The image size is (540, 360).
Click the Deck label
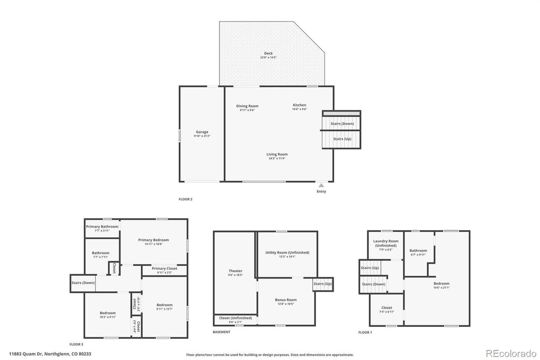268,53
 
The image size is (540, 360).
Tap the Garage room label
202,132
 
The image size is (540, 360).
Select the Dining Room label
247,106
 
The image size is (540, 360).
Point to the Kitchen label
299,105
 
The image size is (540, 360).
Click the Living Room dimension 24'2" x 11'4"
277,159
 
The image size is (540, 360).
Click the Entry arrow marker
321,184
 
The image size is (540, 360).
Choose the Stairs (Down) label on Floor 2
342,123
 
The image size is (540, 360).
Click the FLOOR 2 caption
185,199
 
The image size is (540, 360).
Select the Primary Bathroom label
102,227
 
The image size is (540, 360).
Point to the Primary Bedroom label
153,240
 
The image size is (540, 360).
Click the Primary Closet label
164,268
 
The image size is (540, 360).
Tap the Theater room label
235,271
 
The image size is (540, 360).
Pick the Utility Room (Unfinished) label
287,253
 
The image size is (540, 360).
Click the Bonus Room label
285,300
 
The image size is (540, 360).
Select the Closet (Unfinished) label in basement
235,318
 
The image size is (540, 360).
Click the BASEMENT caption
221,332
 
